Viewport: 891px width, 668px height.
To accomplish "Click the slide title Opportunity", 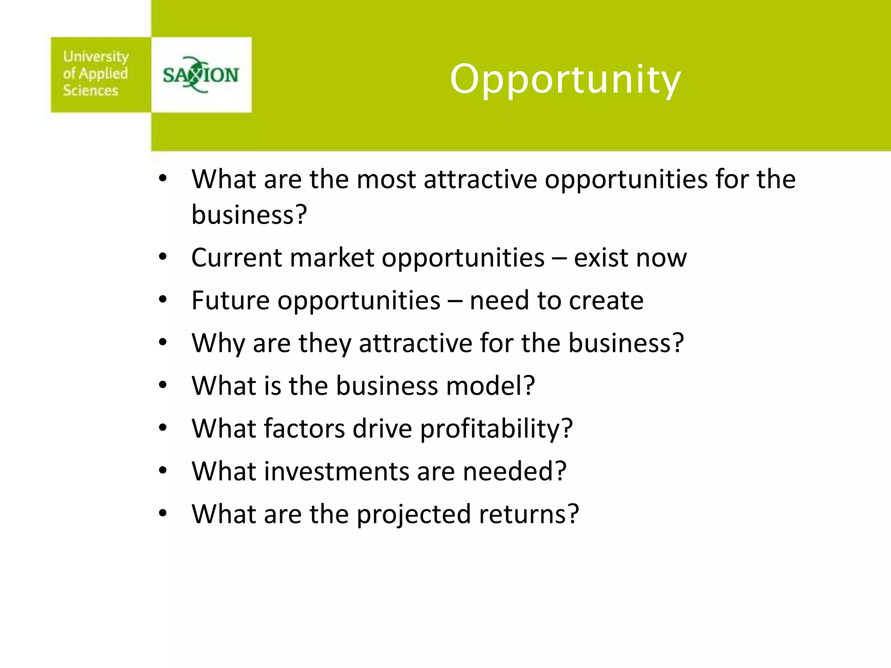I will tap(565, 80).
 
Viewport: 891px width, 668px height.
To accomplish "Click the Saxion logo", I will tap(201, 75).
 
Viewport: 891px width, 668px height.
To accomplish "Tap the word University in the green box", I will tap(96, 57).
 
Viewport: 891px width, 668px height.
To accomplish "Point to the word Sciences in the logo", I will tap(90, 90).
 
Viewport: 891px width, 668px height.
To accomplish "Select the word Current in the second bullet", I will tap(237, 257).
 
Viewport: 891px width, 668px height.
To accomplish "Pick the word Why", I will tap(218, 343).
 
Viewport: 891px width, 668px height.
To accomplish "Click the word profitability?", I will tap(496, 429).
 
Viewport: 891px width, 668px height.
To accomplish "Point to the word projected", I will tap(414, 514).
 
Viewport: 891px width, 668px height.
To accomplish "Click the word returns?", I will tap(529, 514).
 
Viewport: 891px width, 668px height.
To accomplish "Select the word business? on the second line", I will tap(249, 214).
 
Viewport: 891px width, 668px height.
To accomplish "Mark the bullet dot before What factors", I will tap(163, 428).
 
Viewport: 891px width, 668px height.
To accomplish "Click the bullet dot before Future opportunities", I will tap(163, 300).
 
